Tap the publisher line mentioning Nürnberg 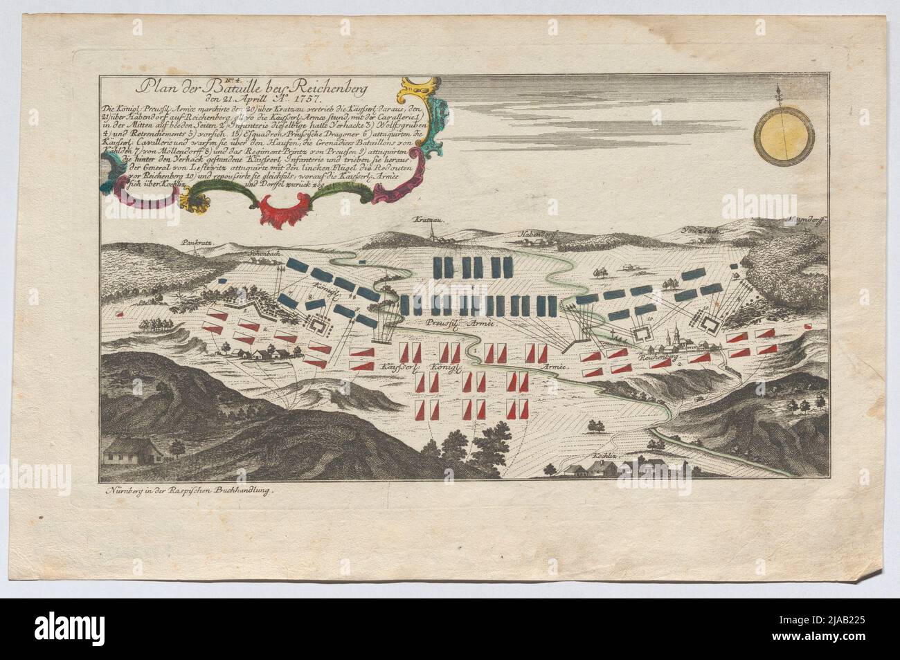pos(188,489)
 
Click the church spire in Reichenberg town pos(669,334)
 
